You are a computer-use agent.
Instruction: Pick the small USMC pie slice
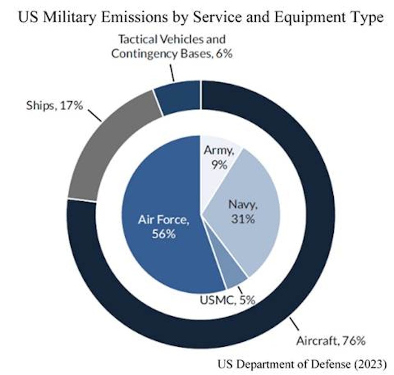[x=235, y=276]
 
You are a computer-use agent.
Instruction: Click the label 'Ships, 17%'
[x=54, y=106]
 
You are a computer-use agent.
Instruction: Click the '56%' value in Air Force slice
[x=164, y=234]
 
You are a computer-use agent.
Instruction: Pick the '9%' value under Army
[x=219, y=165]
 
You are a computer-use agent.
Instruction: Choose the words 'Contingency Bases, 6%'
[x=171, y=54]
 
